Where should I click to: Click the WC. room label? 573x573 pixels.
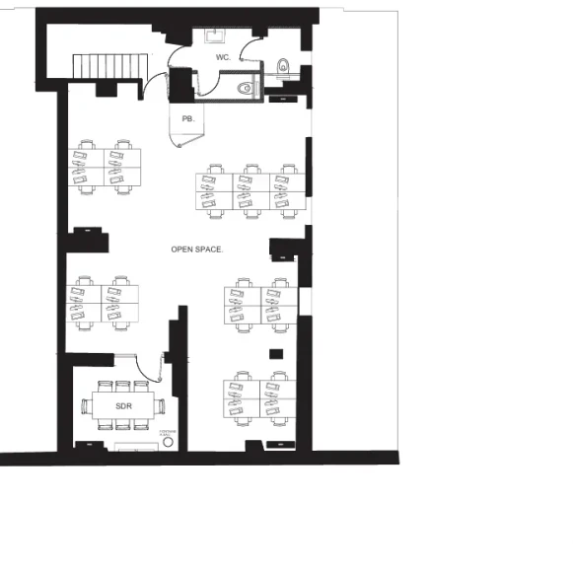click(x=223, y=58)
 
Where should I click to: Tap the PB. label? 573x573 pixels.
click(x=187, y=118)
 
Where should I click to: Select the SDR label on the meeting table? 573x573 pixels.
click(x=123, y=405)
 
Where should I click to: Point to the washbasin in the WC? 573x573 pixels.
click(x=216, y=36)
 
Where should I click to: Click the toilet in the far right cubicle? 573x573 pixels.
click(x=284, y=68)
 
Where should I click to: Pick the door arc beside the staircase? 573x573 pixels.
click(x=156, y=85)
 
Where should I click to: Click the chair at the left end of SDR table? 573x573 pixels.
click(x=86, y=405)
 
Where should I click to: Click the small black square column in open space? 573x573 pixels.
click(x=277, y=352)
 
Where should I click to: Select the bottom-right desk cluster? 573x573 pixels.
click(x=260, y=401)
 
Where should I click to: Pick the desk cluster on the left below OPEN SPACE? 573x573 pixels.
click(x=103, y=303)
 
